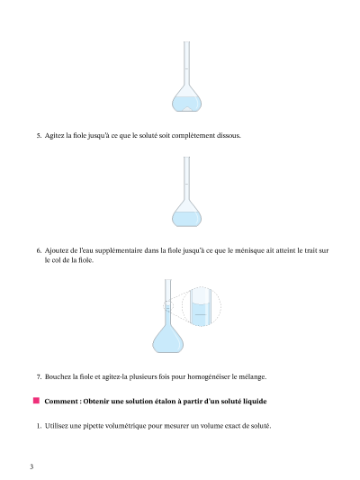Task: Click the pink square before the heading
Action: (x=36, y=401)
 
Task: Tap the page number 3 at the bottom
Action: (x=31, y=466)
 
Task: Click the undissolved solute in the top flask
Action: (x=186, y=109)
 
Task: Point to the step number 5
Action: (x=39, y=136)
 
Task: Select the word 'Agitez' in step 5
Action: (x=54, y=136)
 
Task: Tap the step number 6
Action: (x=39, y=250)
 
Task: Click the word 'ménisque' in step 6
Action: (x=250, y=251)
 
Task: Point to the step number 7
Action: (x=39, y=376)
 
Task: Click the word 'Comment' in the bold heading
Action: (x=62, y=401)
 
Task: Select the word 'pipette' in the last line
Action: (x=93, y=426)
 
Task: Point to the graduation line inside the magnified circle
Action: (x=201, y=314)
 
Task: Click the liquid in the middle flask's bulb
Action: (x=186, y=219)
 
